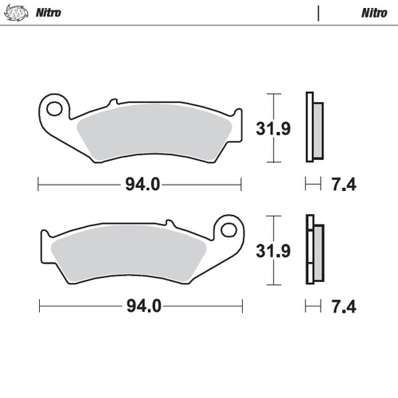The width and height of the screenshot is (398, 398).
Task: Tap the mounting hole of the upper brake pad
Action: [55, 106]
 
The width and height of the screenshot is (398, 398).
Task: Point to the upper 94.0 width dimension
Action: [140, 185]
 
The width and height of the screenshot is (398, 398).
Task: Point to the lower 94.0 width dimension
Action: [140, 306]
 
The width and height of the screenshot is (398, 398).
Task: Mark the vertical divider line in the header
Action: [318, 14]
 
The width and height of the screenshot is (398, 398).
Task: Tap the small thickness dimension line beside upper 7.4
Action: [313, 185]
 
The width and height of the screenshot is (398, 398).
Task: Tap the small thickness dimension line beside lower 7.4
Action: [313, 306]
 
